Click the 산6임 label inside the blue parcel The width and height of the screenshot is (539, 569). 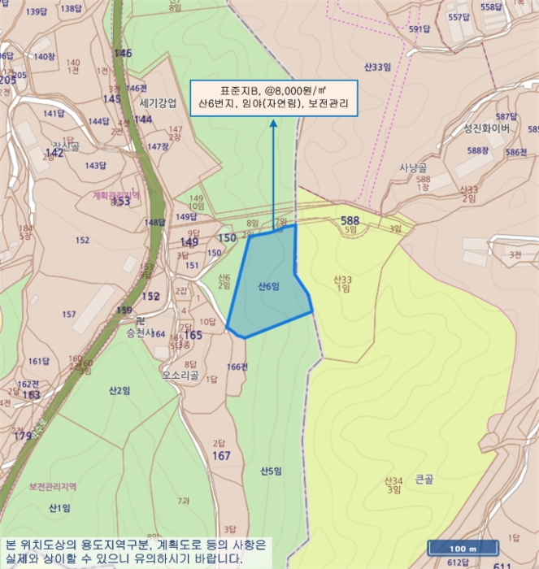click(268, 287)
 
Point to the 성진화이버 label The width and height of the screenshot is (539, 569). click(486, 128)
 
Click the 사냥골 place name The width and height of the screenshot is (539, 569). click(414, 167)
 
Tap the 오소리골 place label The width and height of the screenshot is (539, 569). click(180, 375)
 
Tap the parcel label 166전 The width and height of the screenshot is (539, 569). click(237, 367)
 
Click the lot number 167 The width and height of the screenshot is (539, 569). click(221, 456)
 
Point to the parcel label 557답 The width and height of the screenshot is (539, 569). click(459, 17)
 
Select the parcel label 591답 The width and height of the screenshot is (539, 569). click(418, 29)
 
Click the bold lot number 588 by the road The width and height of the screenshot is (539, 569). click(350, 220)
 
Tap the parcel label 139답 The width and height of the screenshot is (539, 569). click(37, 11)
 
